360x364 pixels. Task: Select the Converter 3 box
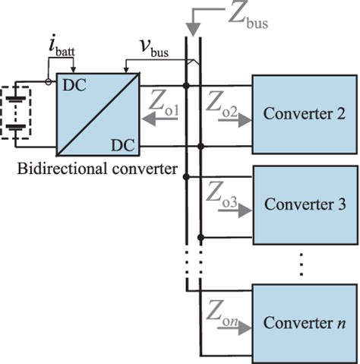pos(304,204)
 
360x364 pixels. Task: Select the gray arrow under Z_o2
pos(226,127)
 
